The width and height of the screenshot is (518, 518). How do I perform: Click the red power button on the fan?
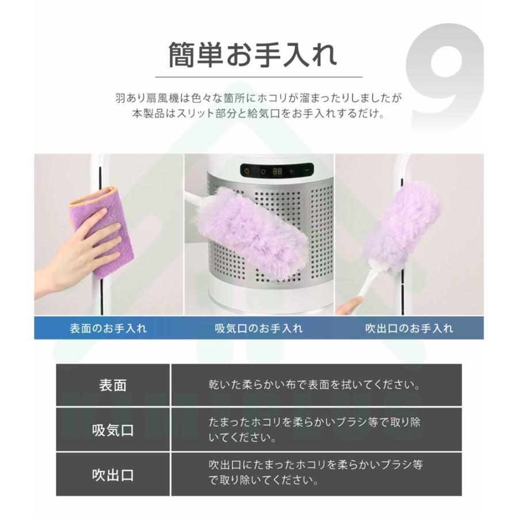click(247, 171)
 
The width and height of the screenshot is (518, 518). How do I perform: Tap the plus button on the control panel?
click(291, 171)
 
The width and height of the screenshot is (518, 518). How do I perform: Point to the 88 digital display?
click(277, 171)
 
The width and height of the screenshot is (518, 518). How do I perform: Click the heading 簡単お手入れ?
click(253, 56)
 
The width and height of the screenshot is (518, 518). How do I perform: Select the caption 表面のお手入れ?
click(108, 329)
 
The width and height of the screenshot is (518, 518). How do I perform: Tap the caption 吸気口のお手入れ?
click(258, 329)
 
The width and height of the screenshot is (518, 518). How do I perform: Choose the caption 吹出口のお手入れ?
click(409, 329)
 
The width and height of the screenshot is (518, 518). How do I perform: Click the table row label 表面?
click(113, 385)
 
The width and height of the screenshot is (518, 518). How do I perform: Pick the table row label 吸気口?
click(113, 430)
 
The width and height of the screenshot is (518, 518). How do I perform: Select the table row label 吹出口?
click(113, 475)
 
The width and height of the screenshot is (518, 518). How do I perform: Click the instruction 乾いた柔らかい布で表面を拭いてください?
click(314, 385)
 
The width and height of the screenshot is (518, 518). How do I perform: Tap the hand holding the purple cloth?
click(81, 253)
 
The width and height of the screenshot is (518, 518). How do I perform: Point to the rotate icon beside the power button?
click(263, 171)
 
